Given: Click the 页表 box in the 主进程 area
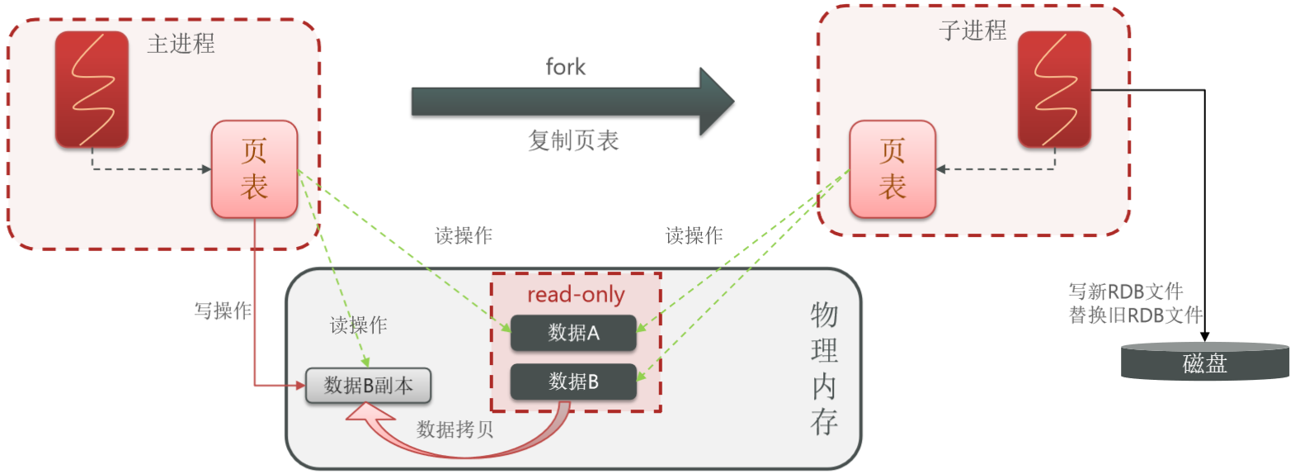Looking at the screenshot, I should tap(254, 169).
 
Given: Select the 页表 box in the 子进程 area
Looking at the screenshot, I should tap(892, 169).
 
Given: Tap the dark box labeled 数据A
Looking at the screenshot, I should tap(573, 333).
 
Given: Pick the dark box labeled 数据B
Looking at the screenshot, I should tap(573, 382).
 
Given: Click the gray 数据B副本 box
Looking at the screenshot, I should tap(368, 386).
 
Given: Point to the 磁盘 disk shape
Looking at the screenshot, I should tap(1204, 363).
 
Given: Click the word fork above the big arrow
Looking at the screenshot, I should tap(565, 67).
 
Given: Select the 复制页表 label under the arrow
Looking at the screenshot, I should tap(573, 140).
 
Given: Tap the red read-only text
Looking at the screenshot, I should tap(576, 295).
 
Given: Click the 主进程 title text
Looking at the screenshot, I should tap(181, 44).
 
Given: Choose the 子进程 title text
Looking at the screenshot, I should tap(972, 31).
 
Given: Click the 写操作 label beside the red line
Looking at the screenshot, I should tap(222, 310).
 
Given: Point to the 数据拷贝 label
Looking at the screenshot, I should tap(454, 429).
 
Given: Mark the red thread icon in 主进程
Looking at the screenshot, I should tap(92, 89).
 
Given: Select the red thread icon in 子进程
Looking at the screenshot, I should tap(1054, 89).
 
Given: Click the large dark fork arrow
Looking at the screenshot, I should tap(569, 102).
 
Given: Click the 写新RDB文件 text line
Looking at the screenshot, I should tap(1125, 292).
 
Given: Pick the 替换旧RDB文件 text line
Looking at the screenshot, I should tap(1135, 315).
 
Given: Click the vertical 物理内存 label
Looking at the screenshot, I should tap(824, 367).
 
